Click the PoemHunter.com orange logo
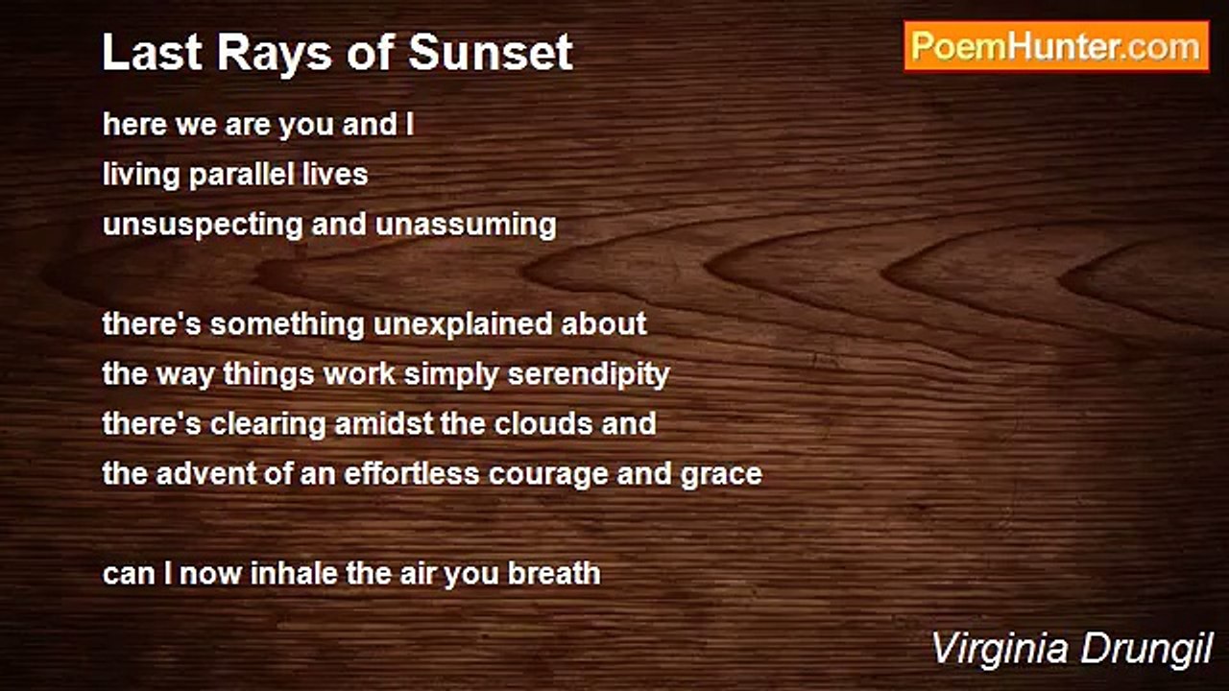tap(1056, 47)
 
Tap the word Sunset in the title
tap(491, 53)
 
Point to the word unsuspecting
tap(203, 226)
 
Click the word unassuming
tap(466, 226)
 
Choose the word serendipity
tap(589, 375)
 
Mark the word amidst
tap(383, 424)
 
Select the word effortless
tap(412, 474)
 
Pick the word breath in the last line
tap(554, 574)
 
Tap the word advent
tap(206, 474)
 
